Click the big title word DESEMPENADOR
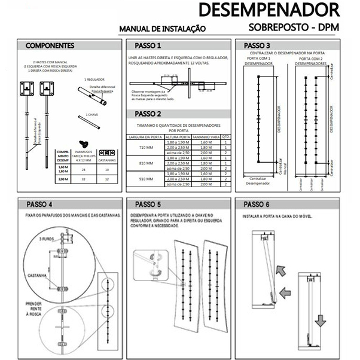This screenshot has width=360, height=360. pyautogui.click(x=269, y=11)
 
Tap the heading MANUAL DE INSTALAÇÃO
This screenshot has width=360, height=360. pyautogui.click(x=163, y=28)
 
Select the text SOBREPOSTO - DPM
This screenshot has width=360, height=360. pyautogui.click(x=294, y=28)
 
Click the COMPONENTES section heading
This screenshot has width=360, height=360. pyautogui.click(x=50, y=45)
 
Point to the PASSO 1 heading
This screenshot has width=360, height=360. pyautogui.click(x=148, y=45)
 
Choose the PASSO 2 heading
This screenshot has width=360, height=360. pyautogui.click(x=148, y=114)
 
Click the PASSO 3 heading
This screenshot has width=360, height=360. pyautogui.click(x=258, y=45)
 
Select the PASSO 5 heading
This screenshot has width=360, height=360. pyautogui.click(x=148, y=204)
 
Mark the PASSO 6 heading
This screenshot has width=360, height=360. pyautogui.click(x=258, y=204)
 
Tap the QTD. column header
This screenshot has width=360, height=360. pyautogui.click(x=226, y=137)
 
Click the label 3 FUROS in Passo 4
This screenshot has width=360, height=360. pyautogui.click(x=47, y=239)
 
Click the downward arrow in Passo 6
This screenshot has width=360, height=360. pyautogui.click(x=321, y=321)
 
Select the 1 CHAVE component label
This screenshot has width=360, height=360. pyautogui.click(x=91, y=114)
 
